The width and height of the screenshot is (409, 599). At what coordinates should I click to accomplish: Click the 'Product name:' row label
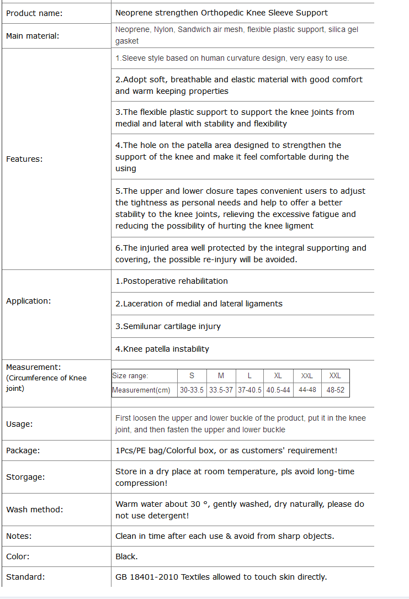coord(34,13)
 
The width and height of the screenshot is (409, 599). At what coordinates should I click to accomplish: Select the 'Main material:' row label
coord(33,36)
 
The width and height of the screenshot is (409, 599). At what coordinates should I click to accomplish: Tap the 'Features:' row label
coord(24,159)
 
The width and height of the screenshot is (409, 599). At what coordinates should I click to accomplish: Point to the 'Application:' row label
coord(28,301)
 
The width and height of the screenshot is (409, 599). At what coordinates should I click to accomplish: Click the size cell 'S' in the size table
coord(192,376)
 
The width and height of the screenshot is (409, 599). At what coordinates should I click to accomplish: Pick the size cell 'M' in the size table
coord(221,376)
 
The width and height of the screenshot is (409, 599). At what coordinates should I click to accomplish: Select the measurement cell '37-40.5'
coord(249,390)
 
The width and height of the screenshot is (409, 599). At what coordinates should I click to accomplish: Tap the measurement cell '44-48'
coord(307,390)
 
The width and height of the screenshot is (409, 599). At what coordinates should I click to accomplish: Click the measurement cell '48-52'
coord(335,390)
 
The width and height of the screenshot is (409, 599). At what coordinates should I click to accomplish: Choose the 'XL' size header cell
coord(278,376)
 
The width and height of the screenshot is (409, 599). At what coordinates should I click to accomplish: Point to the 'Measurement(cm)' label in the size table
coord(141,390)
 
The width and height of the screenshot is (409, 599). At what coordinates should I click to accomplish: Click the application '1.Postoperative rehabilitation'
coord(172,281)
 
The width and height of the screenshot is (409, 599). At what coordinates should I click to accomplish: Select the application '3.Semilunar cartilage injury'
coord(168,326)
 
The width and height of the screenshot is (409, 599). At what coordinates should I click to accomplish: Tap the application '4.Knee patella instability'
coord(162,349)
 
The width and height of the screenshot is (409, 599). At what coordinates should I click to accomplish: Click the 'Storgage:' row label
coord(25,477)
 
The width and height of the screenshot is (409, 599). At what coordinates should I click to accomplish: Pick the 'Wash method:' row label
coord(35,510)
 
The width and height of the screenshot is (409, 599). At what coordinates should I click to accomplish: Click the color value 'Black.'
coord(126,556)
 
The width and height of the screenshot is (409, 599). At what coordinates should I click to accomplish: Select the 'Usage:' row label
coord(19,424)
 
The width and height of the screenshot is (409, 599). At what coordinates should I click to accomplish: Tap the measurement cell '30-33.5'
coord(192,390)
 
